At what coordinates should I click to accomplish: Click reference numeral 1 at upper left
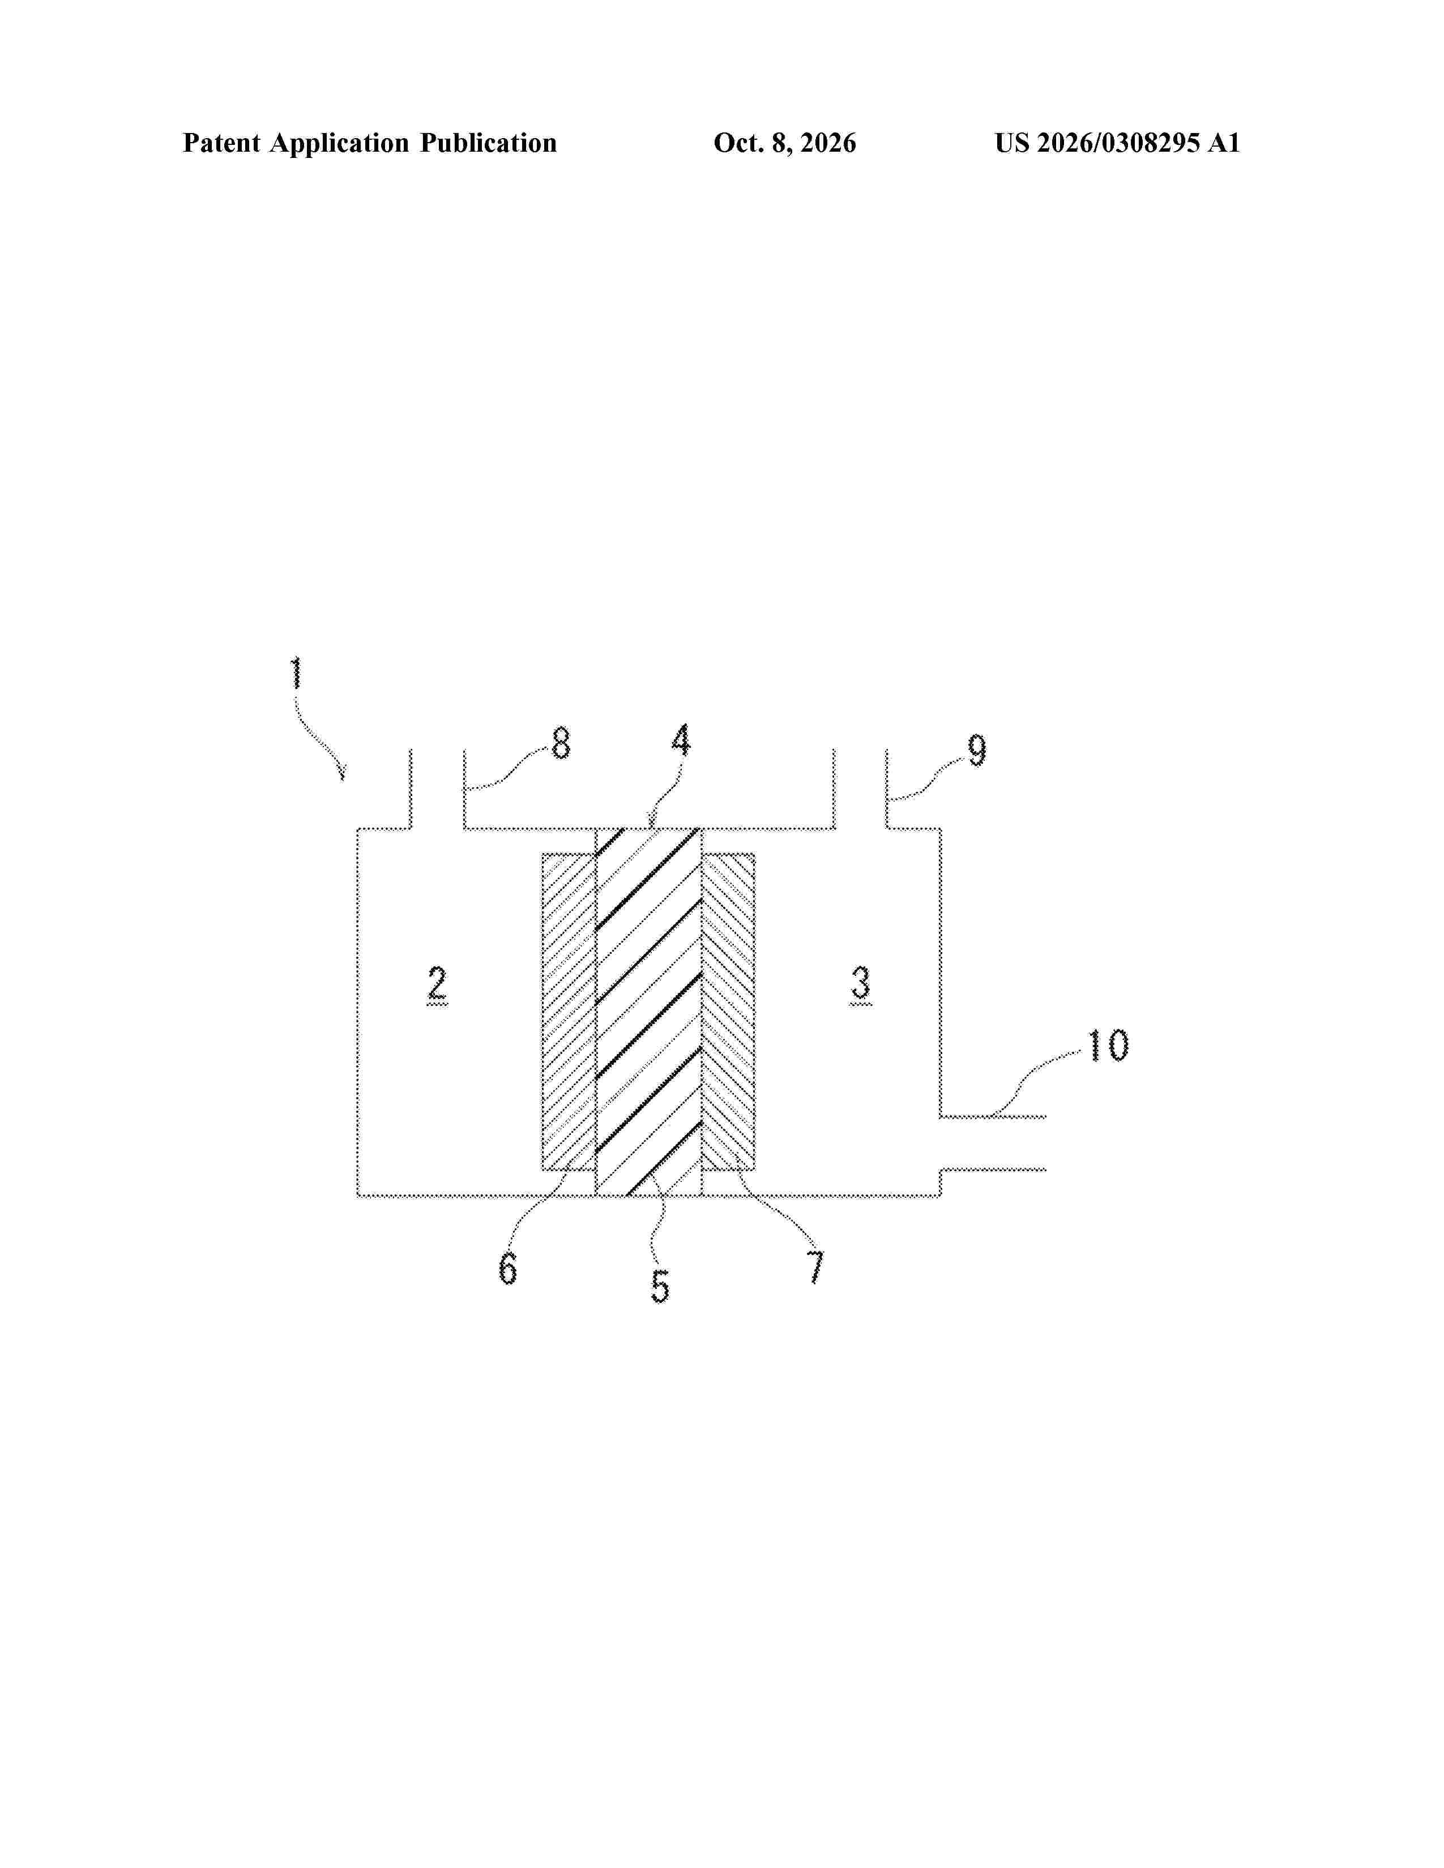pos(296,673)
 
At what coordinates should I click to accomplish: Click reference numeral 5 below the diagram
pos(660,1287)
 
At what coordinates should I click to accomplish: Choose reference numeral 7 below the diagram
pos(815,1267)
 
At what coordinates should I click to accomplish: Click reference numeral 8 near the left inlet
pos(560,743)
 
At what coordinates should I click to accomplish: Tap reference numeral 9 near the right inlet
pos(977,749)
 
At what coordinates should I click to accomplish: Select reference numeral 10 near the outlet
pos(1107,1044)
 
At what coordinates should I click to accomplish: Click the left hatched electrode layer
pos(569,1012)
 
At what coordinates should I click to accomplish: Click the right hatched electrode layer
pos(728,1012)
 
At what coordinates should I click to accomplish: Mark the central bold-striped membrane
pos(648,1012)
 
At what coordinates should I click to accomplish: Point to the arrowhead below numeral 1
pos(342,773)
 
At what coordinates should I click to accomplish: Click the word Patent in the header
pos(221,143)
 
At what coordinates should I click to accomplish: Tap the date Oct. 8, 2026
pos(784,143)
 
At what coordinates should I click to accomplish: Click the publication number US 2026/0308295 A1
pos(1117,143)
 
